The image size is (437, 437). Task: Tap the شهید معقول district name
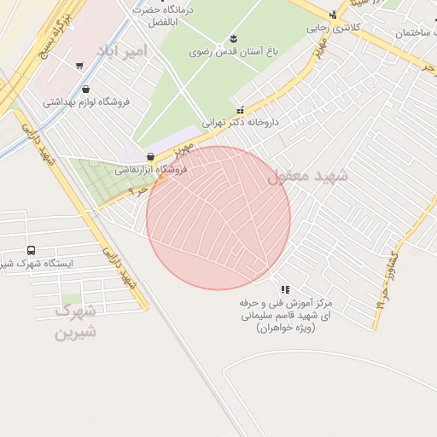pyautogui.click(x=308, y=177)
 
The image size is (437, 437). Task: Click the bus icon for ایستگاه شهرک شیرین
pyautogui.click(x=32, y=250)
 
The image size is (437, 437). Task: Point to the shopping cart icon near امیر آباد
pyautogui.click(x=79, y=65)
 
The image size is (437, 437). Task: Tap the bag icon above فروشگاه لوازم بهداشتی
pyautogui.click(x=85, y=89)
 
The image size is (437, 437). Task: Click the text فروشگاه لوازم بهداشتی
pyautogui.click(x=86, y=102)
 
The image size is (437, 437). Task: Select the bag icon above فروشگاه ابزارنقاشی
pyautogui.click(x=151, y=157)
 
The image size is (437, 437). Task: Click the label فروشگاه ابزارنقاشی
pyautogui.click(x=151, y=170)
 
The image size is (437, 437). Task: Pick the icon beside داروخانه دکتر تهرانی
pyautogui.click(x=240, y=109)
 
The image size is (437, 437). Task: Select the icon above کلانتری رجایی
pyautogui.click(x=333, y=15)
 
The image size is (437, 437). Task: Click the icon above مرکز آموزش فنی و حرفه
pyautogui.click(x=284, y=289)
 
